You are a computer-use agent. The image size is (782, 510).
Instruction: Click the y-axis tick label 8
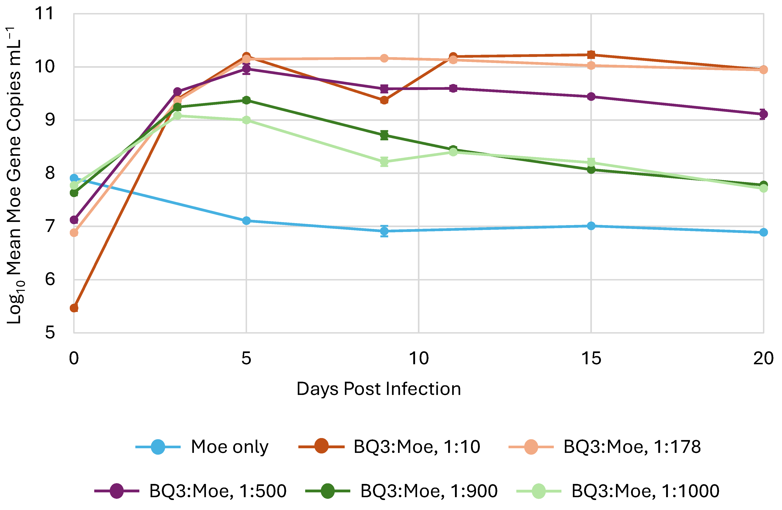(50, 173)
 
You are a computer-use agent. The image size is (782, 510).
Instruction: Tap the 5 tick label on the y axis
(50, 333)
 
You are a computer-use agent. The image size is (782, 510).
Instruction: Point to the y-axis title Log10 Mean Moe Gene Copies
(15, 174)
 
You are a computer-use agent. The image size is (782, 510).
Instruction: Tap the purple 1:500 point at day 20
(763, 114)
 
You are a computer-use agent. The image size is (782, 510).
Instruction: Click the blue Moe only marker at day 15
(591, 226)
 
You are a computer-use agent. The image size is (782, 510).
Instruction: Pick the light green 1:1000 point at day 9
(384, 161)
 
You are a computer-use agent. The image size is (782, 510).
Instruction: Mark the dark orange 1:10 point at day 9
(384, 100)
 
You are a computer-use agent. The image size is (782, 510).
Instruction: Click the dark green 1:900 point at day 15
(591, 170)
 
